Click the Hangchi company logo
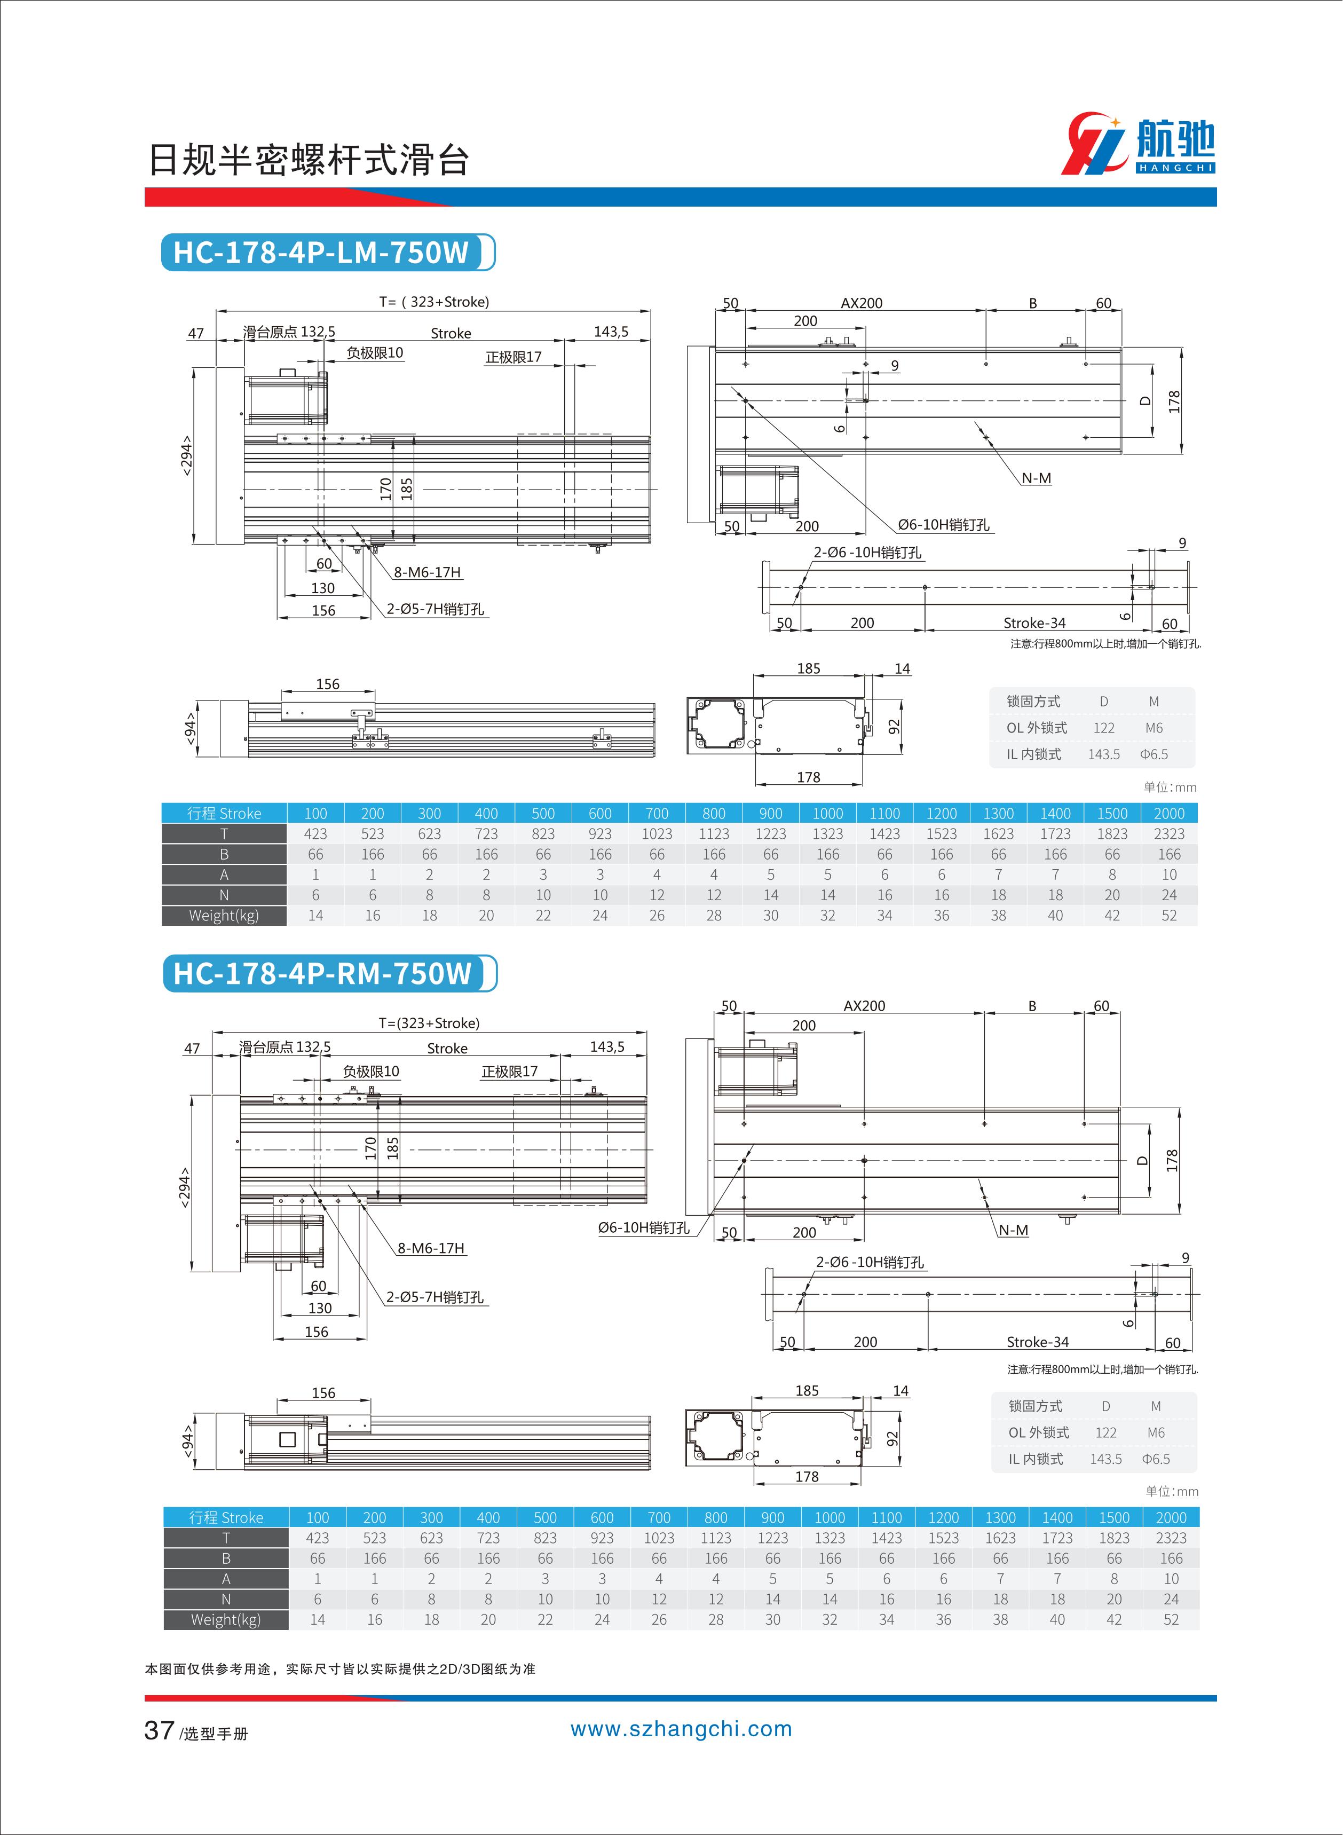(1138, 145)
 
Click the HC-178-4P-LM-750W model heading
(322, 252)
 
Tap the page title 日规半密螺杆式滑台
(309, 160)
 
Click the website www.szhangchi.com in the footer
(681, 1729)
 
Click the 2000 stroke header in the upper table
(1168, 813)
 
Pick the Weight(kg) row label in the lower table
(225, 1619)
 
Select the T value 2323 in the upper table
(1168, 833)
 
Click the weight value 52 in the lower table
(1170, 1619)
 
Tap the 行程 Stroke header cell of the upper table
(224, 813)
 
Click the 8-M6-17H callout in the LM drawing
(427, 572)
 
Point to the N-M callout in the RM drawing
(1013, 1230)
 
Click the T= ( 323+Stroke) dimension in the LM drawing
(434, 302)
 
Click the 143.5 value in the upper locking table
(1103, 754)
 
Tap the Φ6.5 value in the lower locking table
(1155, 1459)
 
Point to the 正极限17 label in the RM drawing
(509, 1072)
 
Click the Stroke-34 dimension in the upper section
(1034, 623)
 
